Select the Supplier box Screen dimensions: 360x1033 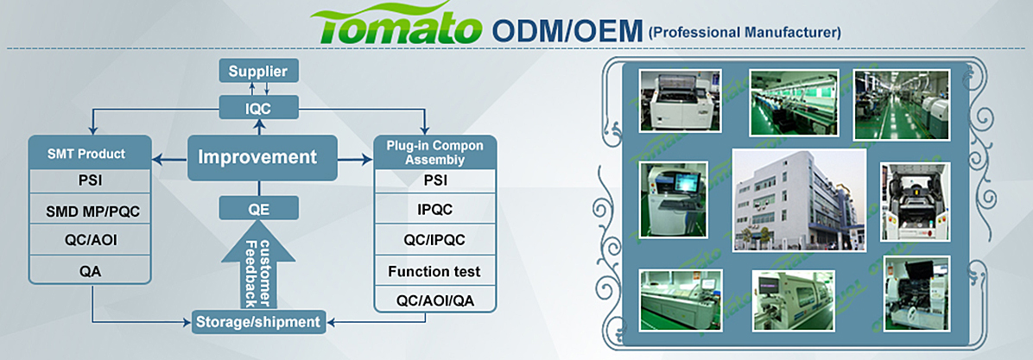257,70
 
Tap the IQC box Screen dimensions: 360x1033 258,107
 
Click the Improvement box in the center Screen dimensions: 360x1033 257,157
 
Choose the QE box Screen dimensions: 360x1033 258,207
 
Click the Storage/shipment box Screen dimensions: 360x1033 258,322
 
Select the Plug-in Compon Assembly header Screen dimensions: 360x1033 434,153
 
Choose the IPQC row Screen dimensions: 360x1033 434,210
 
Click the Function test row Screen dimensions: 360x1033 434,271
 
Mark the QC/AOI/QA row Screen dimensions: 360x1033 434,300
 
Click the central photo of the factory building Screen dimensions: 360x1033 799,200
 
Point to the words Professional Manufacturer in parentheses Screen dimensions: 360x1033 744,33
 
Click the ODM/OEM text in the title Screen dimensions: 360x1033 566,30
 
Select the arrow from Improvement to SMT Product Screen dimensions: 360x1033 170,158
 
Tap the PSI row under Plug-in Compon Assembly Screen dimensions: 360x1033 434,180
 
